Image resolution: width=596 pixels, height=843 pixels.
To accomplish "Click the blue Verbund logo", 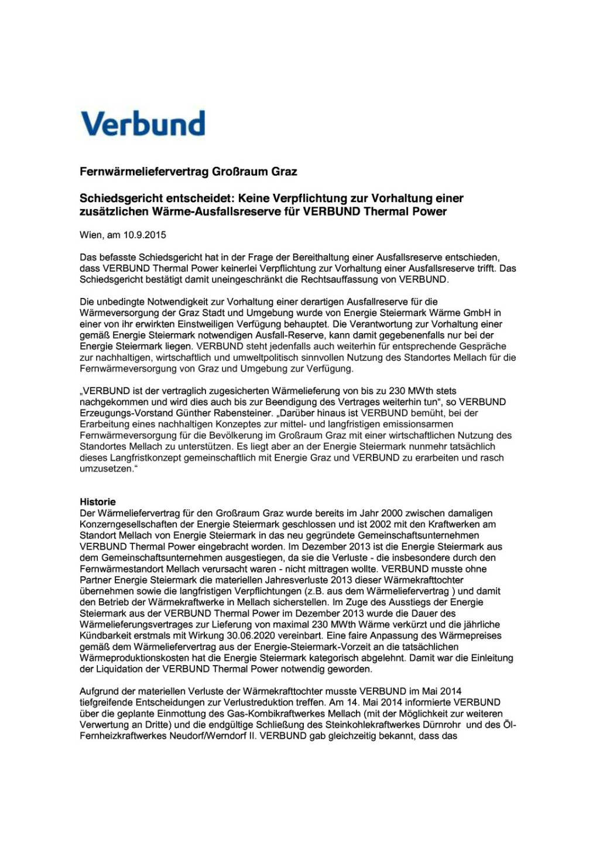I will coord(143,124).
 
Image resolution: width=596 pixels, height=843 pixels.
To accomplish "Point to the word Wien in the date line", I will coord(91,235).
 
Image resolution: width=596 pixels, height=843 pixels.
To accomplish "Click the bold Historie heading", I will coord(98,502).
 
